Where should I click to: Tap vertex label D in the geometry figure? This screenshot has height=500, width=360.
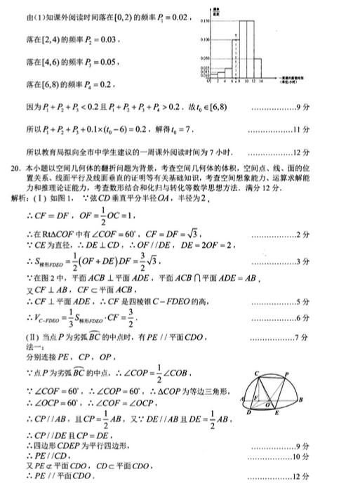pos(251,414)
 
